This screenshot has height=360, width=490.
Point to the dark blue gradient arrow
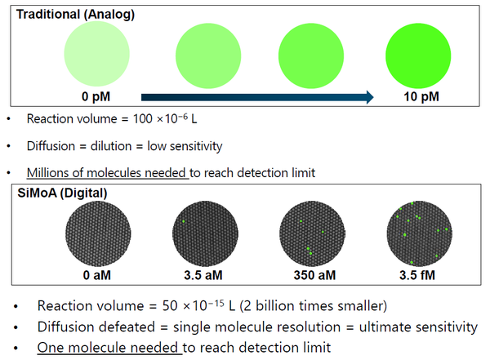coord(257,97)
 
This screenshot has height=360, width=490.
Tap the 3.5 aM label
coord(204,274)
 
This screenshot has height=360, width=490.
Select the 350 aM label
coord(310,274)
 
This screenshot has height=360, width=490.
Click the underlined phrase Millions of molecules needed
coord(107,173)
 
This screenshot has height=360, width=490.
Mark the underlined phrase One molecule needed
coord(109,347)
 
